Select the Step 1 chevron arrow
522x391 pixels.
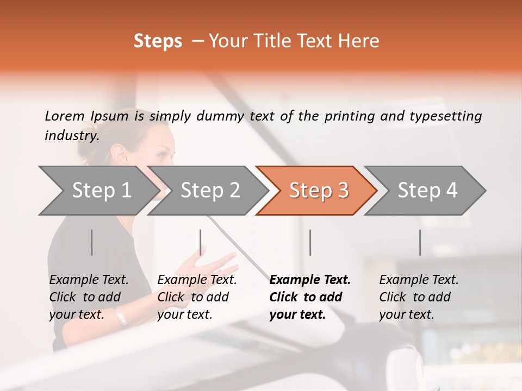99,191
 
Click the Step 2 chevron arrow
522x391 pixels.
208,191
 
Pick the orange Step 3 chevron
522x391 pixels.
316,191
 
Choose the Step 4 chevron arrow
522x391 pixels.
425,191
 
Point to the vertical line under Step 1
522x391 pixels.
91,242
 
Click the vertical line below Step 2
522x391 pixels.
201,242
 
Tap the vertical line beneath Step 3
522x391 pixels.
310,242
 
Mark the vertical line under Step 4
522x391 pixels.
420,242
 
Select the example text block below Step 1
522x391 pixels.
89,297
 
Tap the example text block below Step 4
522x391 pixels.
419,297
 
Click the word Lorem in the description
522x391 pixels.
65,116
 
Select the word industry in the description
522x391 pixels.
71,136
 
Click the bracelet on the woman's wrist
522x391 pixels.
121,317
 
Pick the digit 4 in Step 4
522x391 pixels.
451,190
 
